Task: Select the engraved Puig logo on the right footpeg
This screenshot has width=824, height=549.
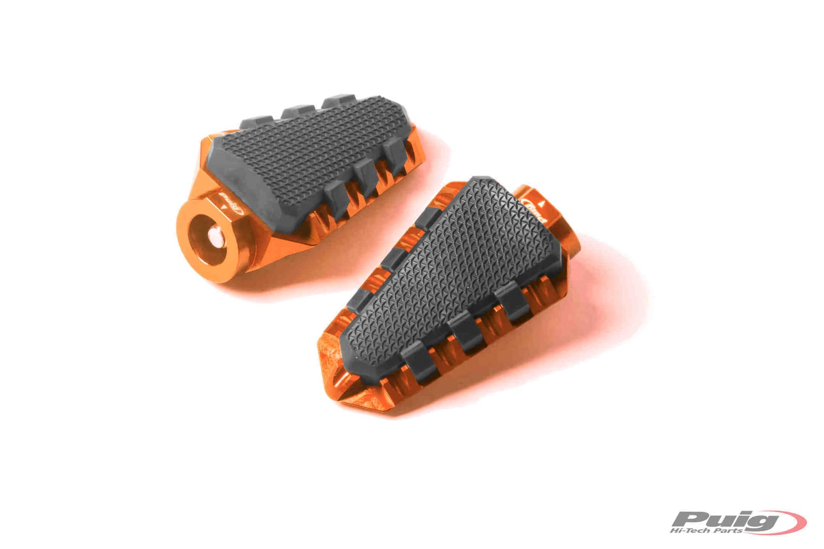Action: pos(535,211)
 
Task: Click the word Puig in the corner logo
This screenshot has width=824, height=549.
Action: pos(725,520)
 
